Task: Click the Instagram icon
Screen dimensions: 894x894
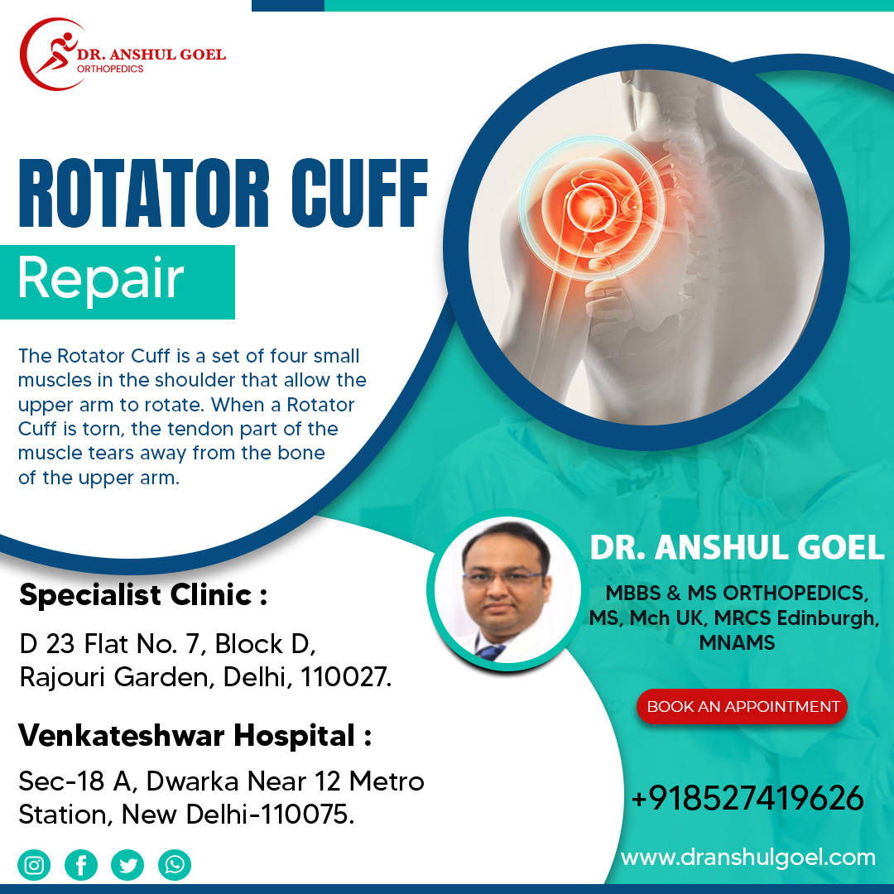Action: [x=34, y=865]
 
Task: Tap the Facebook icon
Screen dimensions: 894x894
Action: [x=81, y=865]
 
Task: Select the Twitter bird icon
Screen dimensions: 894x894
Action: [x=127, y=865]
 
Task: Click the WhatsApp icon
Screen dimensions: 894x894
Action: [x=175, y=865]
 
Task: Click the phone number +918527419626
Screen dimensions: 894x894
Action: [x=747, y=798]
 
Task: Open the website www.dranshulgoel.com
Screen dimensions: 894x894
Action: [x=748, y=858]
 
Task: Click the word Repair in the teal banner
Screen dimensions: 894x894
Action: [x=101, y=278]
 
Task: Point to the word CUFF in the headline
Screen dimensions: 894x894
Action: [x=359, y=193]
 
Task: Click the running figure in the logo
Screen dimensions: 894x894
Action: [x=56, y=51]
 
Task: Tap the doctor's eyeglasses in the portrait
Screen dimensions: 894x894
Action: [x=503, y=579]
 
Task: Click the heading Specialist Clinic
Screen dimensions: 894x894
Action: [x=143, y=595]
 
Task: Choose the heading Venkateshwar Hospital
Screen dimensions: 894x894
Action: [x=195, y=736]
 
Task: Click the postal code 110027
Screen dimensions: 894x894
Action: [x=345, y=677]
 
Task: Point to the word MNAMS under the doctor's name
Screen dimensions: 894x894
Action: [x=737, y=643]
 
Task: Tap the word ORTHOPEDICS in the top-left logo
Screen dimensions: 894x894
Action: [x=110, y=69]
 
